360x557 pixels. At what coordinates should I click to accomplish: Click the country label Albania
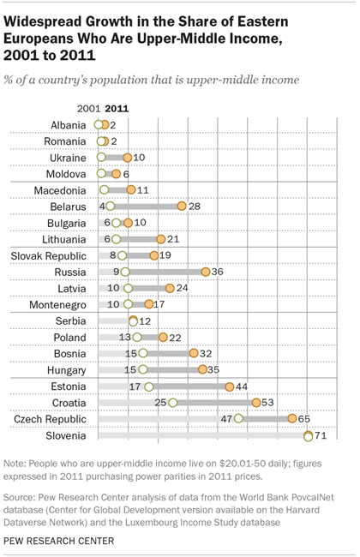[67, 125]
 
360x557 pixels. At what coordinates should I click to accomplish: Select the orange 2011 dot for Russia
[206, 272]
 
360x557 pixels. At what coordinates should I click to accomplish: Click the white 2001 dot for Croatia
[173, 402]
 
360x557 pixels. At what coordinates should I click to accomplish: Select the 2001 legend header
[89, 108]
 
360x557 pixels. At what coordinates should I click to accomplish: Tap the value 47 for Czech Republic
[227, 418]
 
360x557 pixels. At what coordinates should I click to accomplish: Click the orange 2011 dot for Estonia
[230, 386]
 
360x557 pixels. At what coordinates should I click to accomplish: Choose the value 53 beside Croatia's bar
[268, 402]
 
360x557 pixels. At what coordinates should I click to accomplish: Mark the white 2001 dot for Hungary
[142, 369]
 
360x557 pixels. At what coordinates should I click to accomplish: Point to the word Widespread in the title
[55, 19]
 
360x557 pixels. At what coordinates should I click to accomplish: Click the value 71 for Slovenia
[321, 435]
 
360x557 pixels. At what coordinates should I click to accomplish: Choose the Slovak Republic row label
[48, 255]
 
